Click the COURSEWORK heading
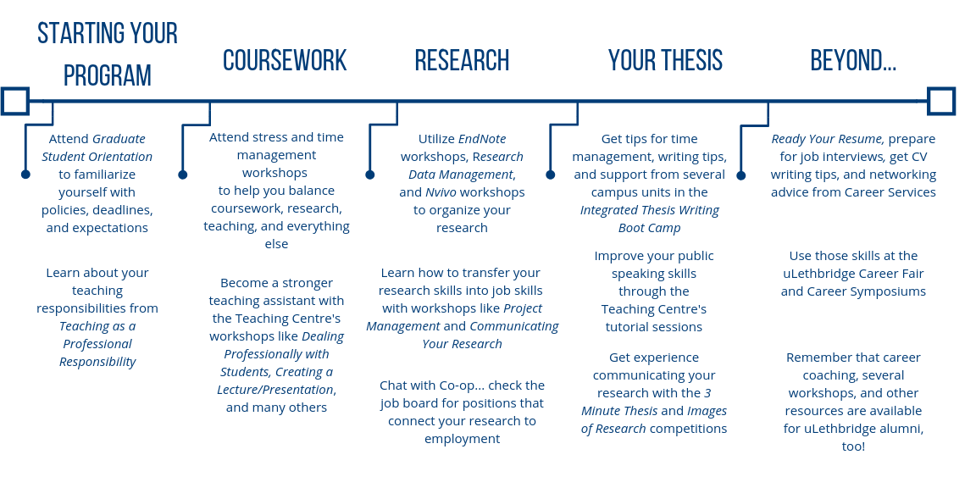285,61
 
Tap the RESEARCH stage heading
462,61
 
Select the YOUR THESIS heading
665,61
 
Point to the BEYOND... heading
853,61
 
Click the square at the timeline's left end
15,101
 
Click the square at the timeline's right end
941,101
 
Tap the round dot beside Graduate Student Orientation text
25,175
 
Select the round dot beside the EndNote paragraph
369,175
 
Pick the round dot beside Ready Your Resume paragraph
740,175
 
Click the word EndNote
482,139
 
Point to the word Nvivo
441,192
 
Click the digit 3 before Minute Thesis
707,393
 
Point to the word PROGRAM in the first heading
108,76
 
